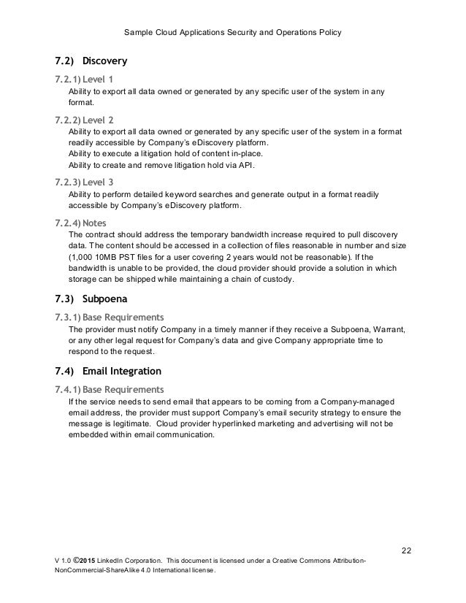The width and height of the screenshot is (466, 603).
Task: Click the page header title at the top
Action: coord(232,34)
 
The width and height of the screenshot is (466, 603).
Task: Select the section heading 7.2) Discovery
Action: coord(91,59)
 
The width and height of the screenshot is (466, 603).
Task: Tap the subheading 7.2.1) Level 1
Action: coord(85,78)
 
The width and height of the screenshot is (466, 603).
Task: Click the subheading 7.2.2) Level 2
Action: coord(85,119)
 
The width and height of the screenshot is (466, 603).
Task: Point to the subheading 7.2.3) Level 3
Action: coord(85,183)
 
